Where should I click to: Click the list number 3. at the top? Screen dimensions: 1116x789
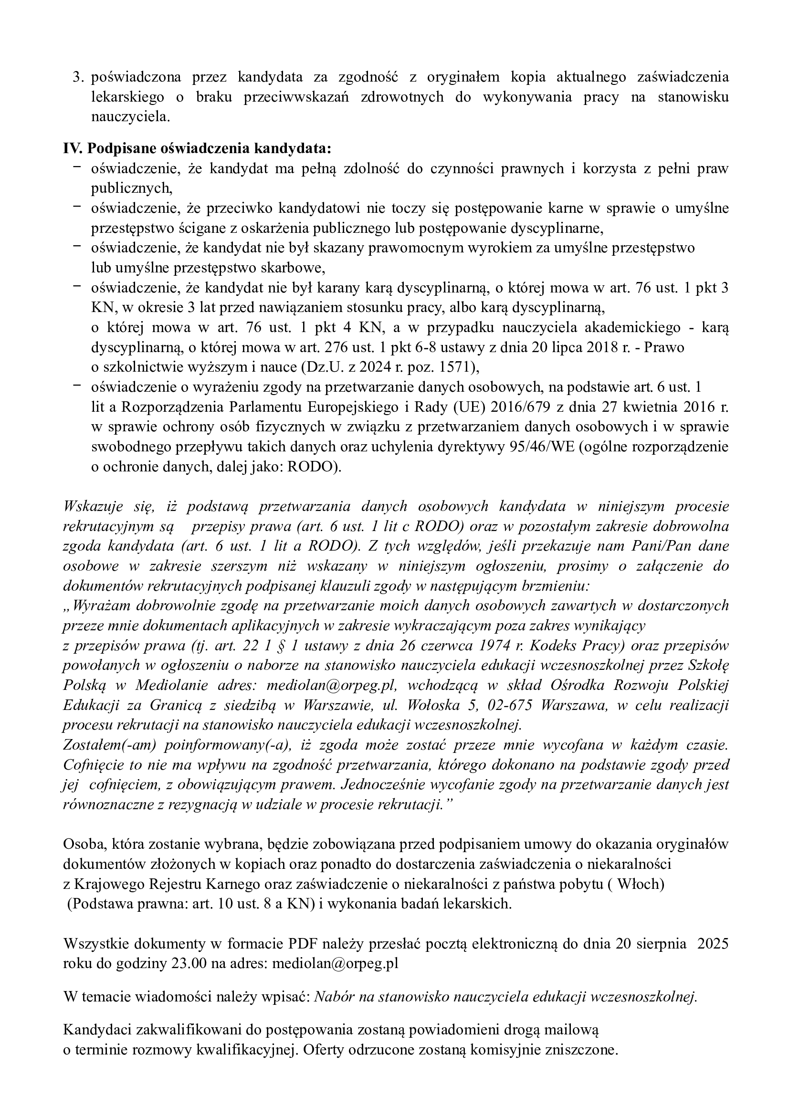coord(78,77)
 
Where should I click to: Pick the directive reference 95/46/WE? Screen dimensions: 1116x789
coord(540,447)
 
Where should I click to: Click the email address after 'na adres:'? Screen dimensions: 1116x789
coord(336,964)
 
